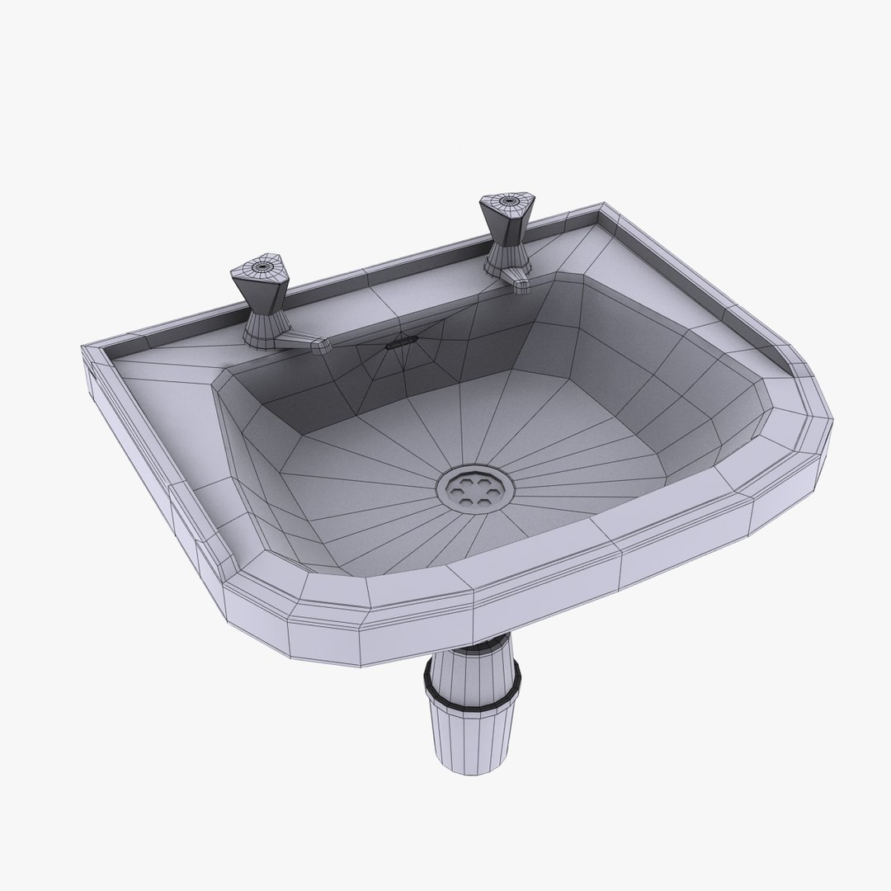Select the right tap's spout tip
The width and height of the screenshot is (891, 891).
521,285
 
